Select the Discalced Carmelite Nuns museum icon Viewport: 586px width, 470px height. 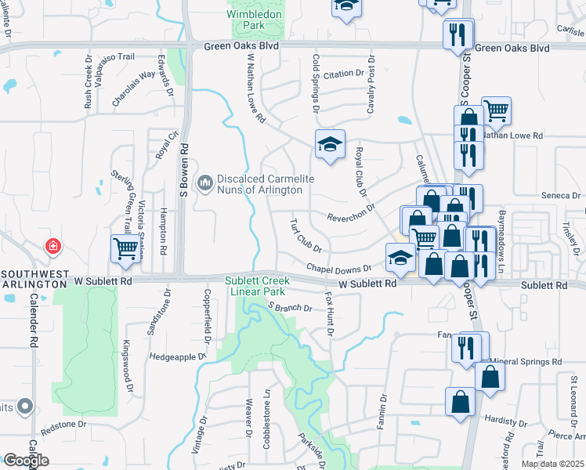pos(205,183)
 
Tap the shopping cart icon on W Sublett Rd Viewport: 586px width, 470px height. pos(125,251)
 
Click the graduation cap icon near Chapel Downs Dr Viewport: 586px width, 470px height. pos(400,257)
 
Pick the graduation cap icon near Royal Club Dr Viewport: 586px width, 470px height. pos(330,144)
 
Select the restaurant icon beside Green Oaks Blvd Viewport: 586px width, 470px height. pos(457,34)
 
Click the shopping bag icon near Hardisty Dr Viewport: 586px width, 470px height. pos(460,401)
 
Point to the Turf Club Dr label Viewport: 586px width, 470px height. pos(306,236)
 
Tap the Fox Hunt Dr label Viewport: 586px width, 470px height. pos(329,315)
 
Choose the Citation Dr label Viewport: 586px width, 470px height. pos(344,74)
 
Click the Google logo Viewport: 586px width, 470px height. pos(27,460)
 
